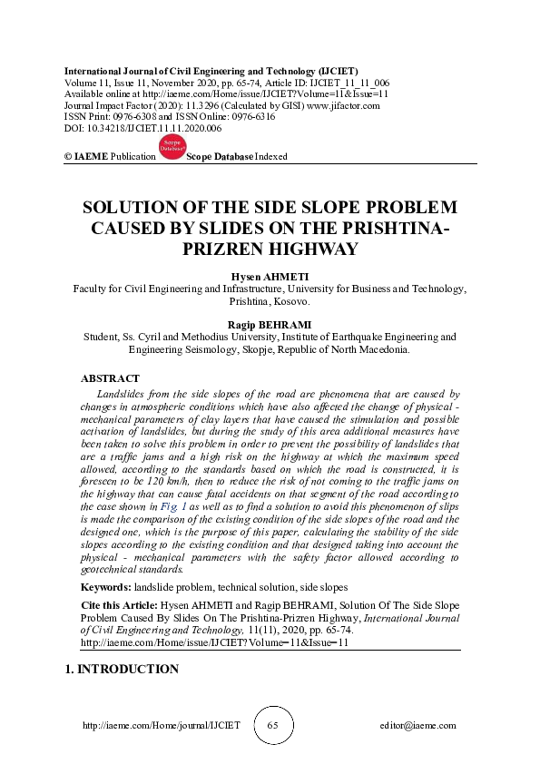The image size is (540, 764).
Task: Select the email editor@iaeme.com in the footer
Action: point(417,726)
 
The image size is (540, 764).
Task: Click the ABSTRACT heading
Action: point(111,378)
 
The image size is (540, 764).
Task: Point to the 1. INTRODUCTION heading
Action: point(122,670)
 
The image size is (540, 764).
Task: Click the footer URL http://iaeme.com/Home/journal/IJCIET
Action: point(162,726)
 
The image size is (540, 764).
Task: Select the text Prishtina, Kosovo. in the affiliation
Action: point(270,301)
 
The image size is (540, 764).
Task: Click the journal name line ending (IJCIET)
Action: point(210,70)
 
